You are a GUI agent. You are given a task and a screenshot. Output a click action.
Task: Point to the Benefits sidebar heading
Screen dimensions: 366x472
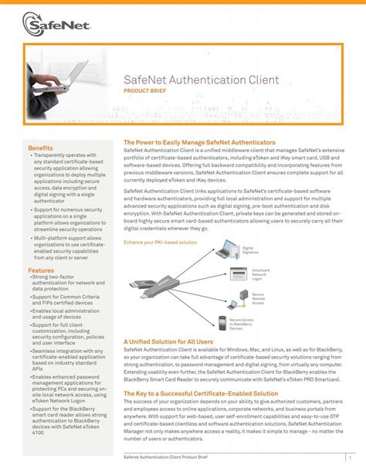(40, 148)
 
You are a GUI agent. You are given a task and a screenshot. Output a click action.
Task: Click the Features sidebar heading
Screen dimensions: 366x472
(41, 270)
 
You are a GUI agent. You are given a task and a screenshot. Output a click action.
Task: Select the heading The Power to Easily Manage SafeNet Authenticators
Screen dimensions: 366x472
(199, 143)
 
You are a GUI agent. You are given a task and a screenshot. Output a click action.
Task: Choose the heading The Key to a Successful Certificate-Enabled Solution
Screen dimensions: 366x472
(201, 393)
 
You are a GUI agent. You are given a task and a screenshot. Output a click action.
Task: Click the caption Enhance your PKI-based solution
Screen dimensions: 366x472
(160, 243)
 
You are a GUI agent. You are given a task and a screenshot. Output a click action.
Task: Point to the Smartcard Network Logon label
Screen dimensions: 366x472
(261, 274)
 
